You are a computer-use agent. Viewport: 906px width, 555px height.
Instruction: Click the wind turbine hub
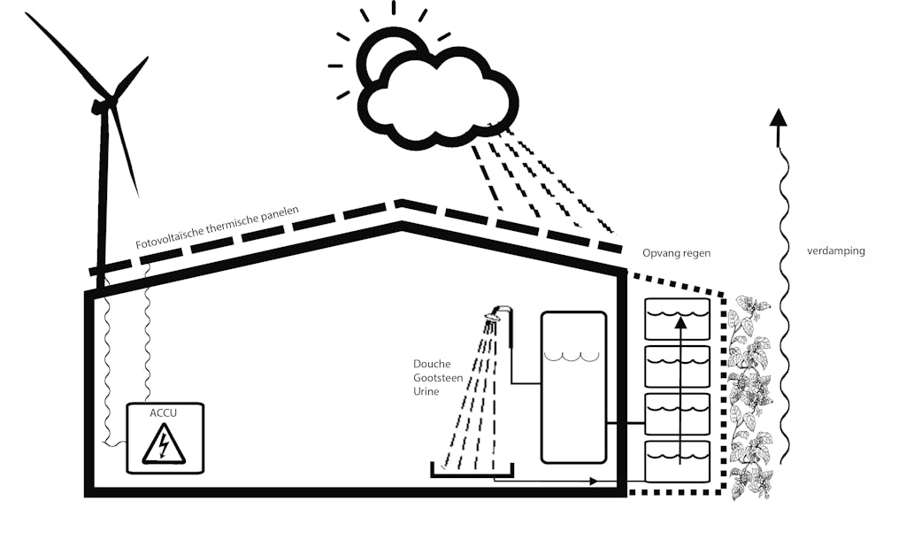tap(103, 104)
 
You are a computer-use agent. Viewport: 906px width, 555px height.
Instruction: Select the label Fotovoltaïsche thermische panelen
tap(217, 228)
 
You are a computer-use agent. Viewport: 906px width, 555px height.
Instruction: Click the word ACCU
tap(165, 412)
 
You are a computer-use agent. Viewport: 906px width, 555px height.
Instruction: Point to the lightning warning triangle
tap(165, 445)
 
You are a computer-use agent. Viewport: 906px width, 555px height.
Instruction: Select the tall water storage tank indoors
tap(573, 387)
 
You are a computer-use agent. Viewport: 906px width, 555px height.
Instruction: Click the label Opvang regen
tap(677, 253)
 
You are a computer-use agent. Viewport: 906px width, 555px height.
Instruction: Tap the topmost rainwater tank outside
tap(678, 320)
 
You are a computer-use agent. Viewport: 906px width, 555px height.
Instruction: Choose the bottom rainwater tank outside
tap(678, 460)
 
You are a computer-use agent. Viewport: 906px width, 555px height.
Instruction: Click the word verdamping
tap(836, 251)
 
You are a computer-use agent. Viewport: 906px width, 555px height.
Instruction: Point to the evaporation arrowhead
tap(778, 119)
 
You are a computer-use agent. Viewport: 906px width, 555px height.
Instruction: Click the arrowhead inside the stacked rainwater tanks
tap(679, 324)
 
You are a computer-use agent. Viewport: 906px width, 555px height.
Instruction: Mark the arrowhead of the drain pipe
tap(594, 482)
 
